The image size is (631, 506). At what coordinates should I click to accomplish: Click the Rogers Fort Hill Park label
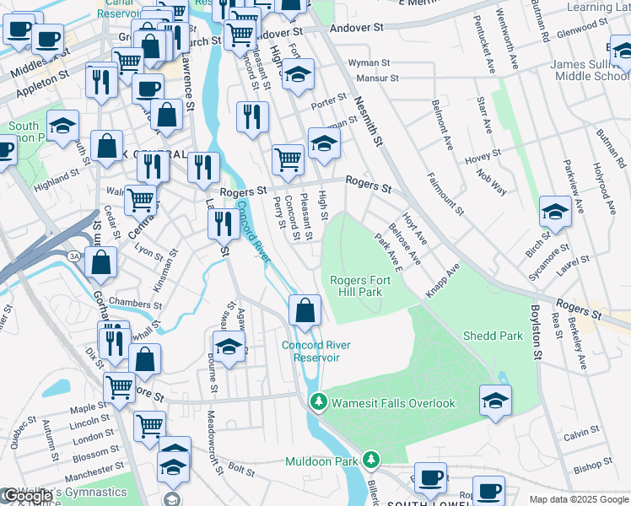coord(355,286)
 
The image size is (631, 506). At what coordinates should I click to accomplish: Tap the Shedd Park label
coord(493,336)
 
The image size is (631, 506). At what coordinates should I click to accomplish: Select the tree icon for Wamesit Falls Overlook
coord(318,403)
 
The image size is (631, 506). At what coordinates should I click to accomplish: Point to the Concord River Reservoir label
coord(310,351)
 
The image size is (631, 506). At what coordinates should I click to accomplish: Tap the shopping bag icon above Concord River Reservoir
coord(305,310)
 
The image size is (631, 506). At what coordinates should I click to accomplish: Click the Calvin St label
coord(581,434)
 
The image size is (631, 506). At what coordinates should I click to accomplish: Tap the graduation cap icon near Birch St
coord(555,212)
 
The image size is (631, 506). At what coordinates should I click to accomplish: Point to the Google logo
coord(28,497)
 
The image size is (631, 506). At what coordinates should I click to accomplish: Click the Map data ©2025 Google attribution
coord(578,499)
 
